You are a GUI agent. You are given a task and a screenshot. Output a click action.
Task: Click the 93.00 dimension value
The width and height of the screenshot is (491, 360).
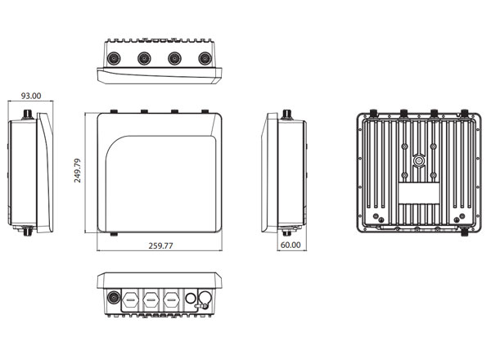click(31, 96)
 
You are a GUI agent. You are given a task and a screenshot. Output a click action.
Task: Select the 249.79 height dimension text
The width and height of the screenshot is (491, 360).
click(78, 171)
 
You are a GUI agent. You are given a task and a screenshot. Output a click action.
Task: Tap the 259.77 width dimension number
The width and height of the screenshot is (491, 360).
click(160, 245)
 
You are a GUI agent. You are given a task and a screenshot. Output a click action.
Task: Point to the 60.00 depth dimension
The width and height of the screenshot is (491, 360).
click(291, 245)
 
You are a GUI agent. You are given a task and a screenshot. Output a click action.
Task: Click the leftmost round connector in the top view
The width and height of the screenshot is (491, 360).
click(114, 59)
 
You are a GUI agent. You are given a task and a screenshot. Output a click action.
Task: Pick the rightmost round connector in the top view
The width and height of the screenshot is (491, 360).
click(205, 59)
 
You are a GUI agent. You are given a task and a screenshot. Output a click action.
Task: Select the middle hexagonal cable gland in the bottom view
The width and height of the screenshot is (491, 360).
click(151, 300)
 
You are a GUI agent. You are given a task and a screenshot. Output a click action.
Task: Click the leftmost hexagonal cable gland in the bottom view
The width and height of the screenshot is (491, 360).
click(130, 300)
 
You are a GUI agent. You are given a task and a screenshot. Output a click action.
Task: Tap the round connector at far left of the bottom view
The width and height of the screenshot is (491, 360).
click(114, 297)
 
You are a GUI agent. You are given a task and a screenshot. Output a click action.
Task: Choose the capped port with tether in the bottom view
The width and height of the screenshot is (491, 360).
click(205, 299)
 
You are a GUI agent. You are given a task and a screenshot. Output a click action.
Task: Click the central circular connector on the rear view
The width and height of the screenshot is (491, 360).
click(419, 161)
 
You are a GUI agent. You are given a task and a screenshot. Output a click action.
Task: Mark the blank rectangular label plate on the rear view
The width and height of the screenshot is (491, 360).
click(419, 193)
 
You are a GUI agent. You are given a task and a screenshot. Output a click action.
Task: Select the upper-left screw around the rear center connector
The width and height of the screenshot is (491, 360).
click(404, 146)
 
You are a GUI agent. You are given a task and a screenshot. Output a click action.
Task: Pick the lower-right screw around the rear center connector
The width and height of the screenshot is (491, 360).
click(434, 175)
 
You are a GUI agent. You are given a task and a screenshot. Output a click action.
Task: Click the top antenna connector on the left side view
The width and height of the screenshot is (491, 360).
click(28, 115)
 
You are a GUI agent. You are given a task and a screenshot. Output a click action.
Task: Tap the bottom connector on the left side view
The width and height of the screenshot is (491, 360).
click(28, 231)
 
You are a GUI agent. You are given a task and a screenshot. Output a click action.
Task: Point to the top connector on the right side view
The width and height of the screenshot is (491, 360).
click(287, 115)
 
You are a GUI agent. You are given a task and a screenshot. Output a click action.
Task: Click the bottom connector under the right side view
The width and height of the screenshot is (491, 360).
click(286, 232)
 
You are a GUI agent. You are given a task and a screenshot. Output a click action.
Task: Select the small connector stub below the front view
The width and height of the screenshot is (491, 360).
click(114, 234)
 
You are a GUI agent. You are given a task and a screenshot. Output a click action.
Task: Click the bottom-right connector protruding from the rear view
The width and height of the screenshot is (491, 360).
click(465, 232)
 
